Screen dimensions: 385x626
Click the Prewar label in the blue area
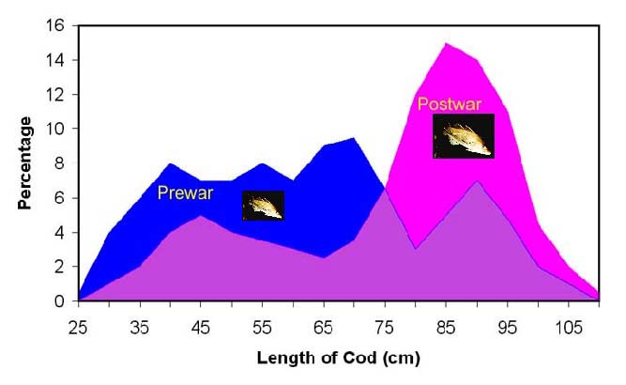click(x=185, y=194)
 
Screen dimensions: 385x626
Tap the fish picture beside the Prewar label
click(x=263, y=206)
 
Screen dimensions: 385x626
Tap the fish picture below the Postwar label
click(x=463, y=136)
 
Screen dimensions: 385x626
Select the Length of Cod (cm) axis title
click(x=340, y=358)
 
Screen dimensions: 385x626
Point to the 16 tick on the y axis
click(x=58, y=26)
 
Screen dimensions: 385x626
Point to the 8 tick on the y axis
click(x=62, y=163)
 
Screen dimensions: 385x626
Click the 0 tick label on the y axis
click(x=62, y=301)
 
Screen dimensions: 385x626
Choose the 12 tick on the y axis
click(x=58, y=95)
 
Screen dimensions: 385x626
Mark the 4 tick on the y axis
click(x=62, y=233)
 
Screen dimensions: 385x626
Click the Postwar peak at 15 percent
click(x=446, y=43)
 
